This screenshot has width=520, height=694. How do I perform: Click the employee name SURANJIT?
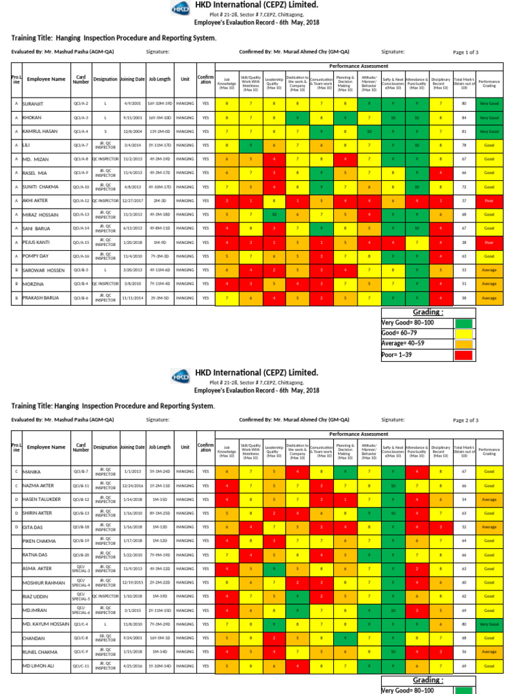(x=39, y=104)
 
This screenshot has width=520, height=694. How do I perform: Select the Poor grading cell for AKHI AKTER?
(x=487, y=201)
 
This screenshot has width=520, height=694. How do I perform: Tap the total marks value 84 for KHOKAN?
(x=464, y=117)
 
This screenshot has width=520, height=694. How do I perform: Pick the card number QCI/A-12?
(x=81, y=201)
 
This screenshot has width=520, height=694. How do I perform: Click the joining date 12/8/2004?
(x=131, y=131)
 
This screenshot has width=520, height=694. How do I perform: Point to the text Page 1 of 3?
(x=465, y=52)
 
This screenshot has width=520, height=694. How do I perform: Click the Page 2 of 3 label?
(x=465, y=420)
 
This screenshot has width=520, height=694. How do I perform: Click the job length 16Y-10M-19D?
(x=160, y=104)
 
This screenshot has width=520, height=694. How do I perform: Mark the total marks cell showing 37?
(x=464, y=201)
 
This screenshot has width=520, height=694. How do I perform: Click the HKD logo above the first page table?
(x=180, y=9)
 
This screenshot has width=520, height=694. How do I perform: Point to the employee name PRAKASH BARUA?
(x=45, y=298)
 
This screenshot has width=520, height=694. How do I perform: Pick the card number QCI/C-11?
(x=81, y=665)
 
